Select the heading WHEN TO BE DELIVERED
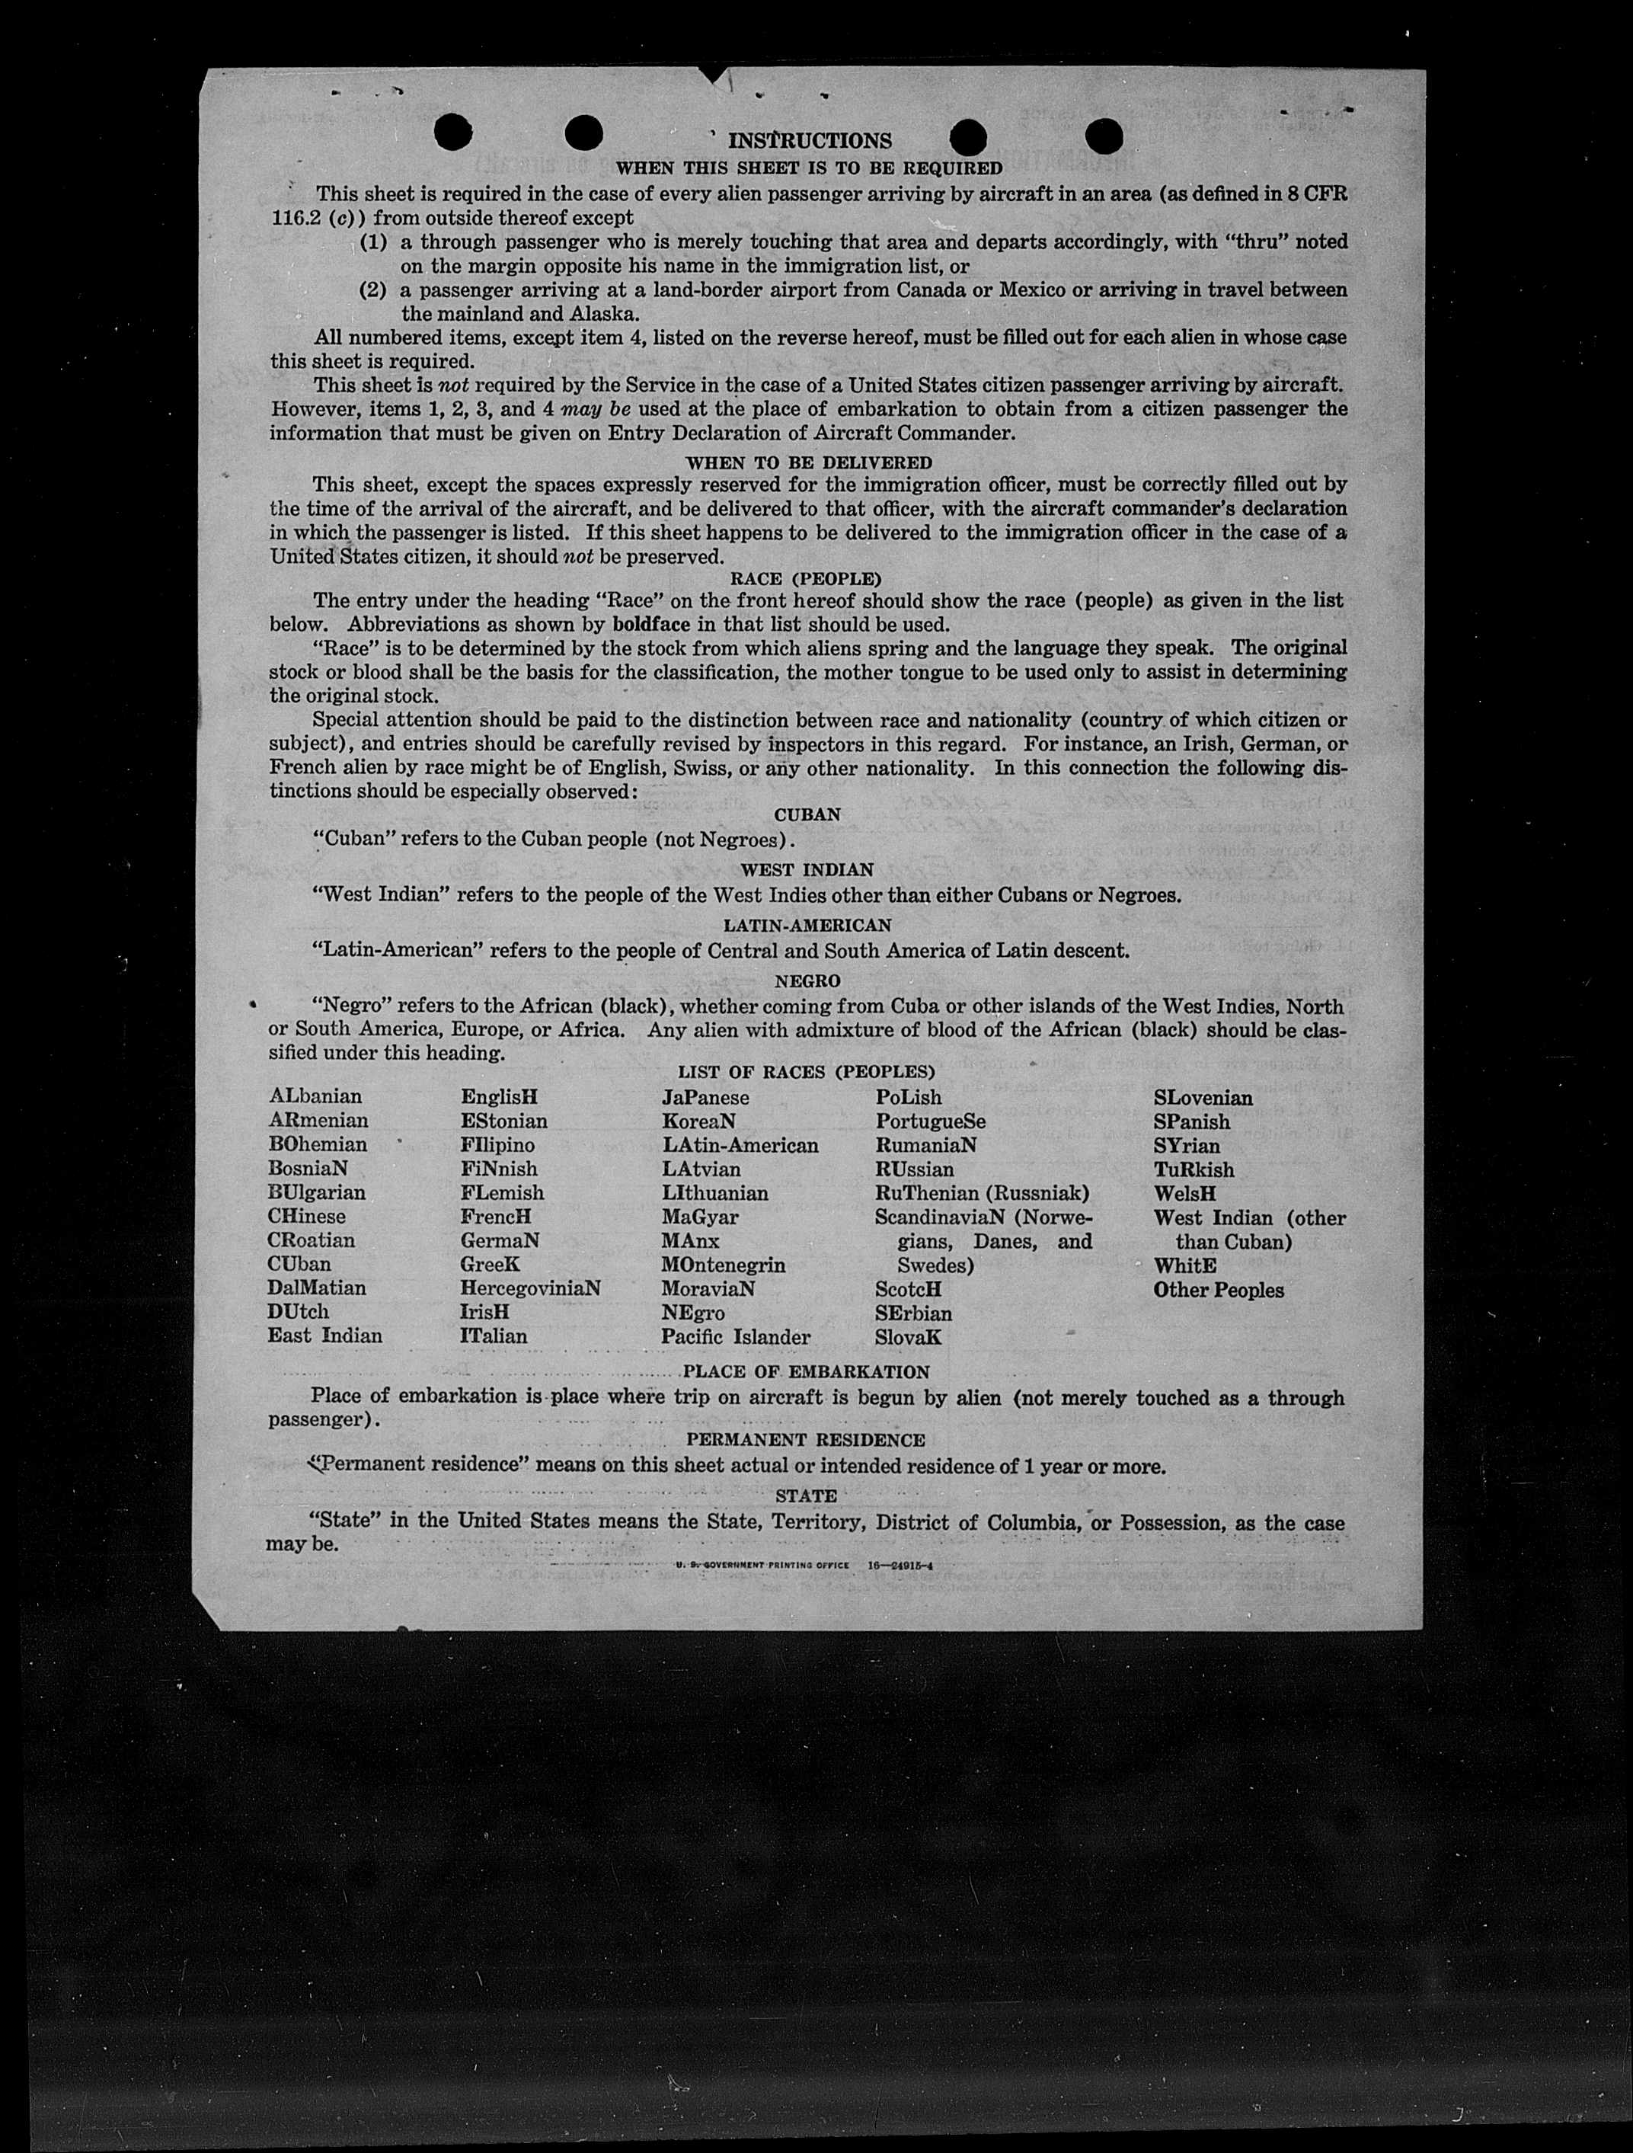[x=808, y=462]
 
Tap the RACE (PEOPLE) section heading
[x=806, y=579]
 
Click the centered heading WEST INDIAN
[x=807, y=869]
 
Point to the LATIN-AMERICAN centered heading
[x=807, y=925]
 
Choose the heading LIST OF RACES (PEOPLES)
[x=806, y=1073]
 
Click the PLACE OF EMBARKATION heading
[x=807, y=1372]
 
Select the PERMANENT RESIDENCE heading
[x=806, y=1440]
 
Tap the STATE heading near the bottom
[x=806, y=1496]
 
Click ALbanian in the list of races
[x=315, y=1096]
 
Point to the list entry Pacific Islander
[x=735, y=1337]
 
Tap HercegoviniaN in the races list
[x=530, y=1289]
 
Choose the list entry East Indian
[x=325, y=1336]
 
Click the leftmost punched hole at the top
[x=453, y=133]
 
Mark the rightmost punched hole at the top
[x=1103, y=136]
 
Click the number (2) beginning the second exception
[x=372, y=290]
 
